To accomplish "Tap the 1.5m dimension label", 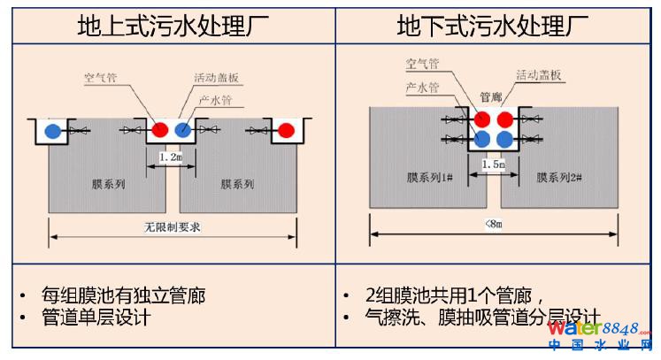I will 494,165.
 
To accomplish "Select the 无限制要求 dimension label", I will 173,226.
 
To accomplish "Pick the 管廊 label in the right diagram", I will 491,96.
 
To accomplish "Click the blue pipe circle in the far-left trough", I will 54,132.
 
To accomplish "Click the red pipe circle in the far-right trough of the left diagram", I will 286,132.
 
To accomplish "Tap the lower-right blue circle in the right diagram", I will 504,139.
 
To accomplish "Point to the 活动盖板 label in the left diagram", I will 217,78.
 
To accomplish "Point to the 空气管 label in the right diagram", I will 422,64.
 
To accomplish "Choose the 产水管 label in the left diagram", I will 215,100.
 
